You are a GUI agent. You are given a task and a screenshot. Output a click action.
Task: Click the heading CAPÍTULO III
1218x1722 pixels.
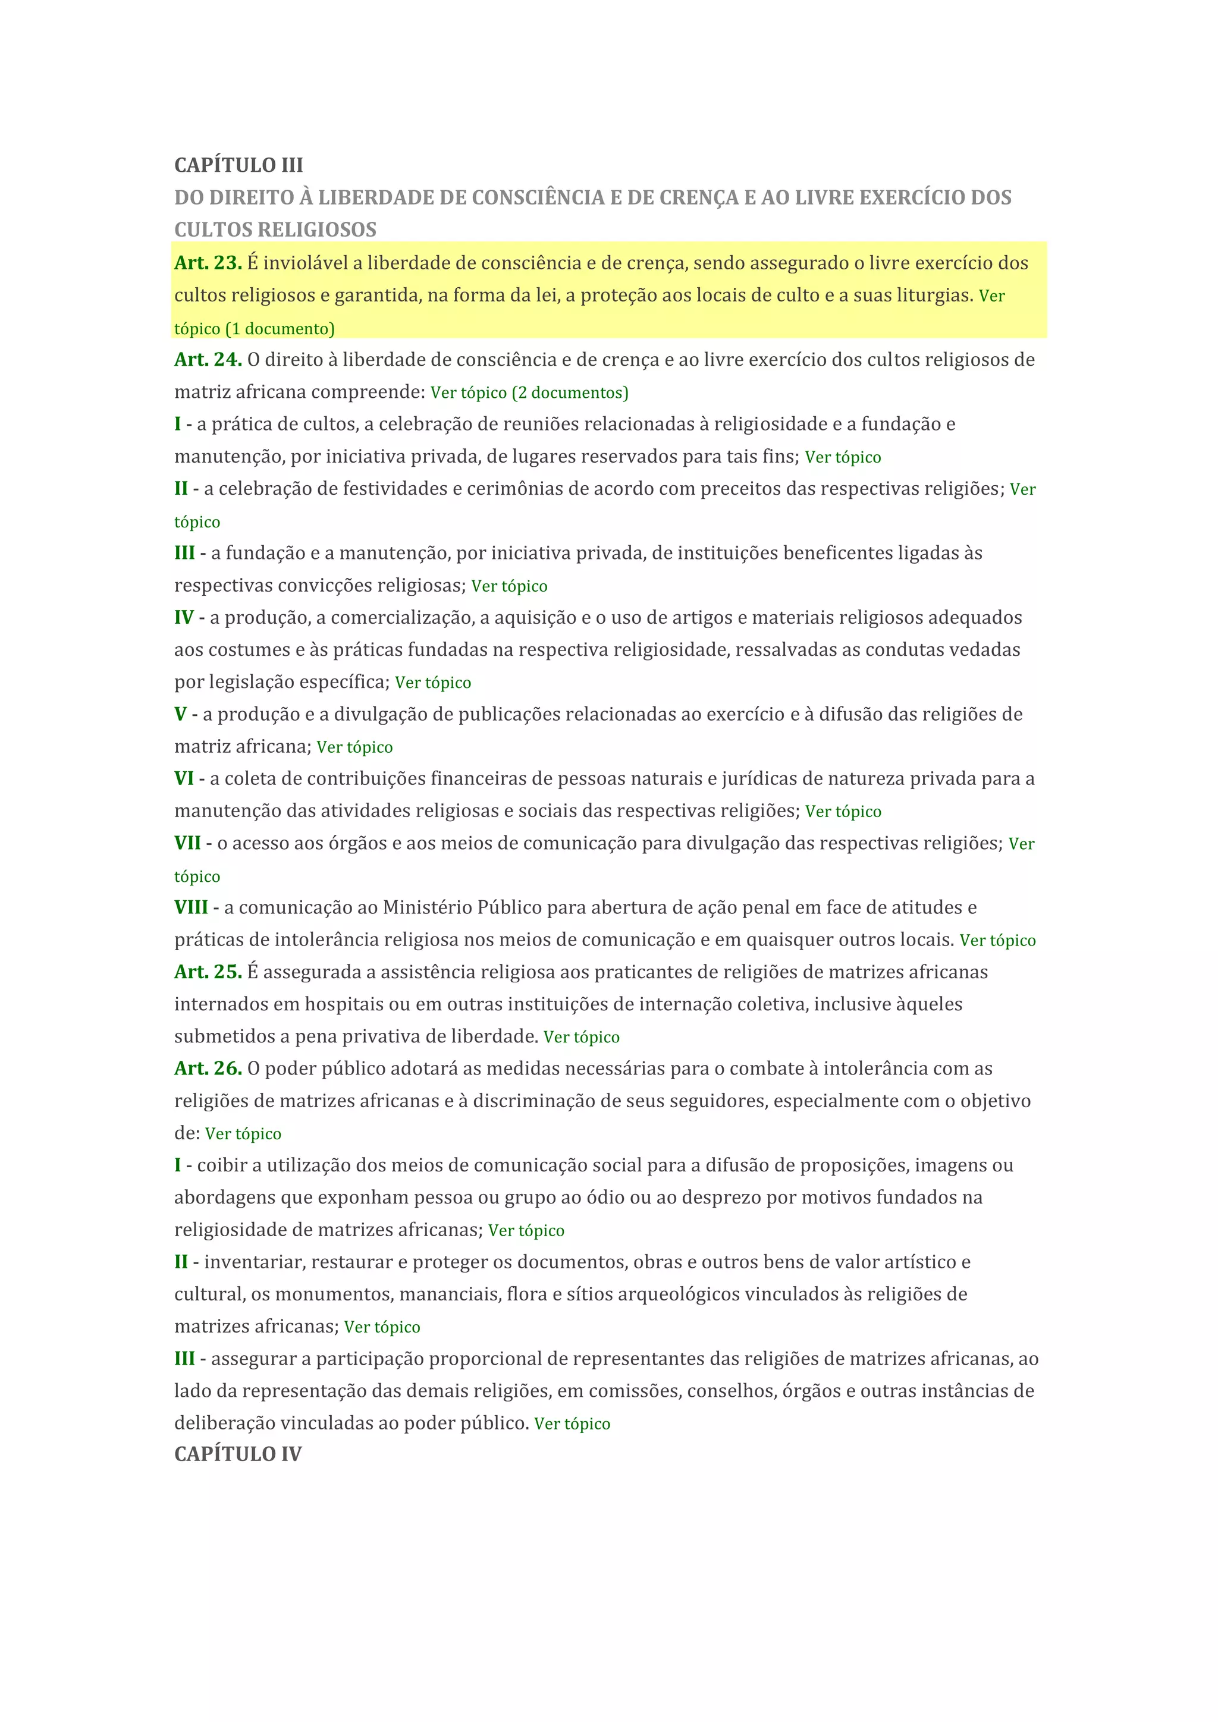point(238,165)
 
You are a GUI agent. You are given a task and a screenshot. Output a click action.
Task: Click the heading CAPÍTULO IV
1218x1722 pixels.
point(238,1454)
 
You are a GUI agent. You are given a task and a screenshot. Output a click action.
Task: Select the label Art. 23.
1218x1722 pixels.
point(208,262)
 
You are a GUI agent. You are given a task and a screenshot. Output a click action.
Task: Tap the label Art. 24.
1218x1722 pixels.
point(208,359)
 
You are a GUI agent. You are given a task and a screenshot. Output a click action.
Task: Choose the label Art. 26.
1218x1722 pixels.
point(208,1068)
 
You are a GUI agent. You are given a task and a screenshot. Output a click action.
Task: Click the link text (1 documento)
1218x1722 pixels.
point(280,328)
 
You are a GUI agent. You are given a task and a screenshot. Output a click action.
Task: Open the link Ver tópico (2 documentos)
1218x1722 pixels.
point(529,392)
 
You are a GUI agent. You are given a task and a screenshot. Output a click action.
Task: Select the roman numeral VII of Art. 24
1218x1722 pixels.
point(187,843)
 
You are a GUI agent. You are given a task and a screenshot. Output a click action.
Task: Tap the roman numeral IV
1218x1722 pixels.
point(184,617)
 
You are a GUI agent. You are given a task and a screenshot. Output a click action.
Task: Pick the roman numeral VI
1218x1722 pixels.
point(184,778)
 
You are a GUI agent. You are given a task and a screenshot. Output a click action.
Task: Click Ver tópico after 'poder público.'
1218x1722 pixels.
point(572,1424)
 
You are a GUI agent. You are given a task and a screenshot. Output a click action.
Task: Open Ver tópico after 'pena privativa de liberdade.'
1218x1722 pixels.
point(581,1036)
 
